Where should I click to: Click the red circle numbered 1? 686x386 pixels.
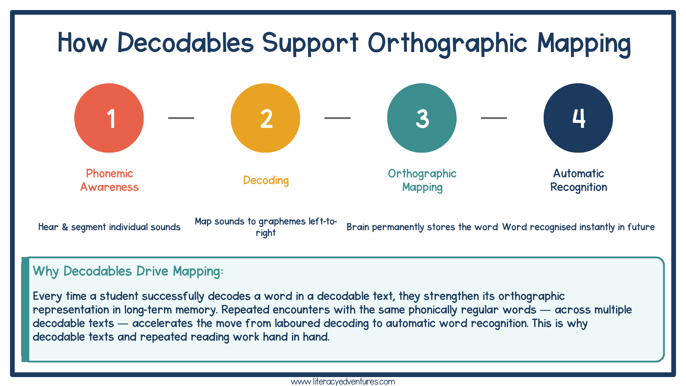pos(109,118)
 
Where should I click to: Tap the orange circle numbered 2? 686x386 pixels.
pos(265,118)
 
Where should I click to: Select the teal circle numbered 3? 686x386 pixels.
pos(422,118)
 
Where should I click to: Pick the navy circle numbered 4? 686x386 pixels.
pos(578,118)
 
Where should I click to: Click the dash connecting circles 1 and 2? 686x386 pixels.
pos(181,118)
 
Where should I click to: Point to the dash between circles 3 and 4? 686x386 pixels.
pos(494,118)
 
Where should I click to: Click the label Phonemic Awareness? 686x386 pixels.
pos(109,180)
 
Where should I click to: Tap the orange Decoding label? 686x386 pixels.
pos(266,180)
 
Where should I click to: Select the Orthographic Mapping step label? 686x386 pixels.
pos(422,180)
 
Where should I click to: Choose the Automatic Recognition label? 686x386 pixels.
pos(578,180)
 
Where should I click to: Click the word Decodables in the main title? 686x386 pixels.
pos(185,43)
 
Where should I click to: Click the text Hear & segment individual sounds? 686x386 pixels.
pos(109,227)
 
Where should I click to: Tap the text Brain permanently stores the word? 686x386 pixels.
pos(422,227)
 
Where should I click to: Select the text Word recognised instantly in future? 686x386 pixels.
pos(578,227)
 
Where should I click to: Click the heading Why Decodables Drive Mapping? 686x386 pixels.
pos(128,271)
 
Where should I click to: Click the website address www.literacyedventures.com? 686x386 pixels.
pos(343,382)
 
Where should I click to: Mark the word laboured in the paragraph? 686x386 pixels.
pos(298,323)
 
